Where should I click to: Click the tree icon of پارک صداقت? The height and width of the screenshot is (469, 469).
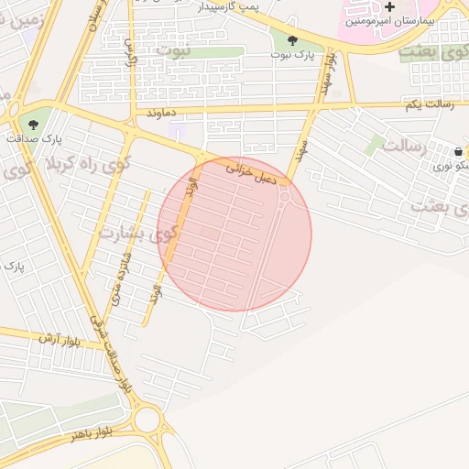34,124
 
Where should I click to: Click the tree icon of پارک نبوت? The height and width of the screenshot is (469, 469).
292,40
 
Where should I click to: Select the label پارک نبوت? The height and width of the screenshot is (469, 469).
292,55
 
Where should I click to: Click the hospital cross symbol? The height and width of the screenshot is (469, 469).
389,7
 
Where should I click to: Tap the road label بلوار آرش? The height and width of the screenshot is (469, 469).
60,340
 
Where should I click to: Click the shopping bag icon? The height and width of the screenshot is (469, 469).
458,151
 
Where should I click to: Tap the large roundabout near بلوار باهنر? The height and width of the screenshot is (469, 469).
146,420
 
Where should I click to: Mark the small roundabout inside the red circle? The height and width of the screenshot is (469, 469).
285,196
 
